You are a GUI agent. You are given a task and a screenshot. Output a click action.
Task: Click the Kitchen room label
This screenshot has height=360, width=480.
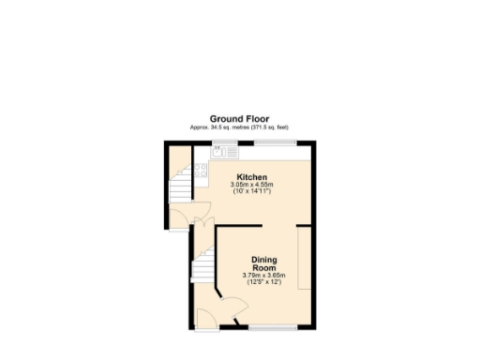pos(252,177)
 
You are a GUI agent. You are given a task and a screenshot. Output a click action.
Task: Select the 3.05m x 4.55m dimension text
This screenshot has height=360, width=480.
pos(252,185)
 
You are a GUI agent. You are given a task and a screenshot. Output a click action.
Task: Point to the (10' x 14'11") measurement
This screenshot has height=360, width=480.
pos(252,192)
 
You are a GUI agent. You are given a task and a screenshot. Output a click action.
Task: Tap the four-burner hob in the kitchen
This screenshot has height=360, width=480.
pos(200,172)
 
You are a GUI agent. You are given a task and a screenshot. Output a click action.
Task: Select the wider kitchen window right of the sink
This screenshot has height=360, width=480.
pos(278,142)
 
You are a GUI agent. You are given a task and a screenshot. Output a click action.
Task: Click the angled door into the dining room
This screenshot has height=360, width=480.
pos(229,307)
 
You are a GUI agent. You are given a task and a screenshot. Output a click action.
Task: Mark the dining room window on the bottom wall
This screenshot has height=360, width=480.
pos(274,327)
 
